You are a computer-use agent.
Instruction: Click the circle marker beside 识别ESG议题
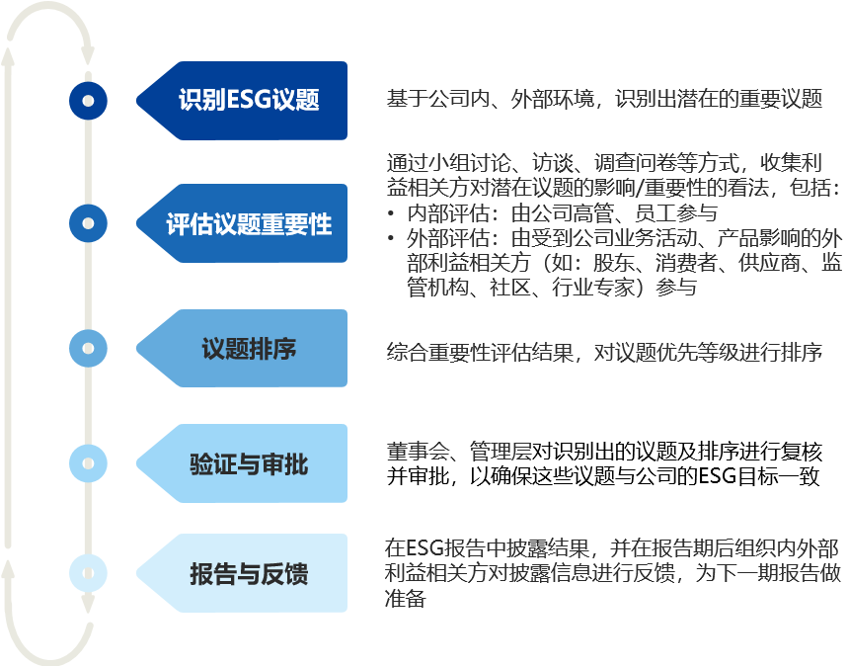coord(88,100)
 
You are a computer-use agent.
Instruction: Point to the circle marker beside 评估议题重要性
coord(88,223)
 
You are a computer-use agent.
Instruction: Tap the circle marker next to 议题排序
coord(88,348)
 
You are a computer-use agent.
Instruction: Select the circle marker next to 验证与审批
coord(88,461)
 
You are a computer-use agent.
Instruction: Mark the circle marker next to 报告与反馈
coord(88,573)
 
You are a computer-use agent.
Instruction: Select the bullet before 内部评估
coord(392,213)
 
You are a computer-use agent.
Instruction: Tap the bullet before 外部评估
coord(392,239)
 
